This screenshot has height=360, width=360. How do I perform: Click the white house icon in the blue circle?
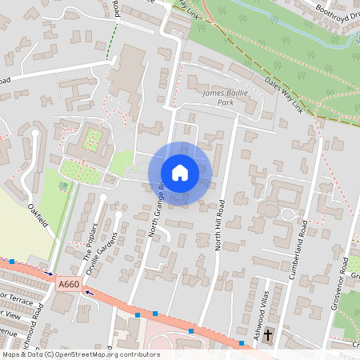pos(180,173)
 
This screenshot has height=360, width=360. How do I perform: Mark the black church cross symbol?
pos(269,334)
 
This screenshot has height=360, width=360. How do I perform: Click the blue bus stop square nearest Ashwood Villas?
pos(242,343)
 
